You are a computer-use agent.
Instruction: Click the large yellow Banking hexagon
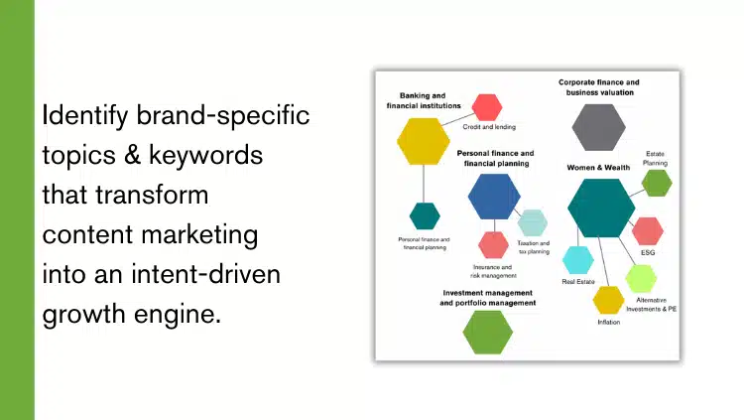(x=424, y=140)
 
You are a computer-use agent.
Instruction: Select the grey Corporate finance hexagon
(x=599, y=126)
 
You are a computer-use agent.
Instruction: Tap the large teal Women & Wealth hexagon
(x=601, y=208)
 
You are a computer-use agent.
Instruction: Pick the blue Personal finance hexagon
(x=494, y=196)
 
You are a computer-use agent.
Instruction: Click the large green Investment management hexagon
(x=488, y=332)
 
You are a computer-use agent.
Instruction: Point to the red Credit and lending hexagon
(x=487, y=107)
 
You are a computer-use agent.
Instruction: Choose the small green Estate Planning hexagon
(x=657, y=183)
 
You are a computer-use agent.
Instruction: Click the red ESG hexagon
(x=647, y=230)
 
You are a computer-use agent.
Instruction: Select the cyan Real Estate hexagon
(x=578, y=260)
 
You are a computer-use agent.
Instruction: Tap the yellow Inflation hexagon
(x=608, y=300)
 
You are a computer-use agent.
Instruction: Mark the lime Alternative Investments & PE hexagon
(x=642, y=278)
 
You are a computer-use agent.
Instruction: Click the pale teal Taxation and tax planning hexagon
(x=532, y=222)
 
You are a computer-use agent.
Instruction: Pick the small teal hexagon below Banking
(x=425, y=215)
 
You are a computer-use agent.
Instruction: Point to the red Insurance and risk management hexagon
(x=493, y=244)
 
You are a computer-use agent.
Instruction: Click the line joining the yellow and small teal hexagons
(x=424, y=184)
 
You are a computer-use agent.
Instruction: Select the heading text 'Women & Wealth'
(x=598, y=167)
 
